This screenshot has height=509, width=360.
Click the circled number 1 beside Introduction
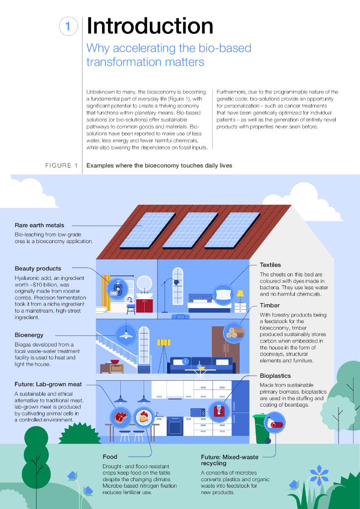(x=68, y=27)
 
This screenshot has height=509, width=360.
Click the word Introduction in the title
(x=150, y=26)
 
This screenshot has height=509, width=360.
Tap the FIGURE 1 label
(x=62, y=166)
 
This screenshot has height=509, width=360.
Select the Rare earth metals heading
(x=39, y=225)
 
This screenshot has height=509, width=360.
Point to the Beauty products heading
(x=38, y=268)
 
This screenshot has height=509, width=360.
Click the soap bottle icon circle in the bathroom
(x=118, y=289)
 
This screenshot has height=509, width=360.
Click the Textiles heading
(x=270, y=265)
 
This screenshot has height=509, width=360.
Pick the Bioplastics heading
(x=275, y=376)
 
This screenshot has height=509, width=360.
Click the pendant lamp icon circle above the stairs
(x=126, y=334)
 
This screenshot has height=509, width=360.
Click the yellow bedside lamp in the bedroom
(x=240, y=295)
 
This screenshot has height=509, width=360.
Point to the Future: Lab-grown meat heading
(x=48, y=384)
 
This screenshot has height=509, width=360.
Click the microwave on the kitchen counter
(x=198, y=412)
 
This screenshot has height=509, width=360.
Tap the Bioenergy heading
(x=29, y=335)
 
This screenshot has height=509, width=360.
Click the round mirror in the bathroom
(x=145, y=283)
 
